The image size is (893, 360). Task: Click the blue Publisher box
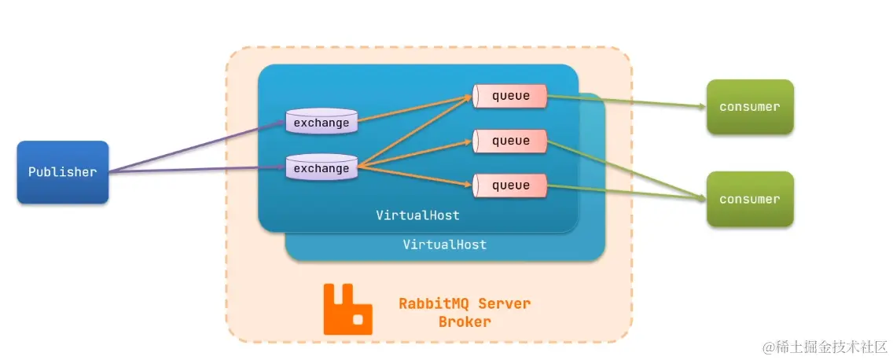point(62,171)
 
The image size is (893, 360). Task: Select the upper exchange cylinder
point(321,122)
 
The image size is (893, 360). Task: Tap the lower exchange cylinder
point(321,167)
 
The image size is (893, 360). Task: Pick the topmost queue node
point(510,96)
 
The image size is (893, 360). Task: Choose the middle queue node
point(510,141)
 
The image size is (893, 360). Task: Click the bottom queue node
point(510,186)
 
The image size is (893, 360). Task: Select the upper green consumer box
point(749,106)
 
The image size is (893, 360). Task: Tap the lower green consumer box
point(749,199)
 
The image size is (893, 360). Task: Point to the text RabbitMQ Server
point(465,303)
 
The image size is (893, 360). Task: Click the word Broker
point(465,321)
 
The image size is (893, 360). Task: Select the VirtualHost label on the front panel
point(417,215)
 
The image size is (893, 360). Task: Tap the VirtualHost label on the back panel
point(444,244)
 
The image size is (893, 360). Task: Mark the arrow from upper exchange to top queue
point(415,109)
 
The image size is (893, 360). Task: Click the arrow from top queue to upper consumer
point(626,101)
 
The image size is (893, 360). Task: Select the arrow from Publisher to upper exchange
point(197,147)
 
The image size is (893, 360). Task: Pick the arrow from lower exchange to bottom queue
point(415,177)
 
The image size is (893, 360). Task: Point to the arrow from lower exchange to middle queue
point(415,154)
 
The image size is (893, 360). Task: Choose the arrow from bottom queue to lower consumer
point(626,192)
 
